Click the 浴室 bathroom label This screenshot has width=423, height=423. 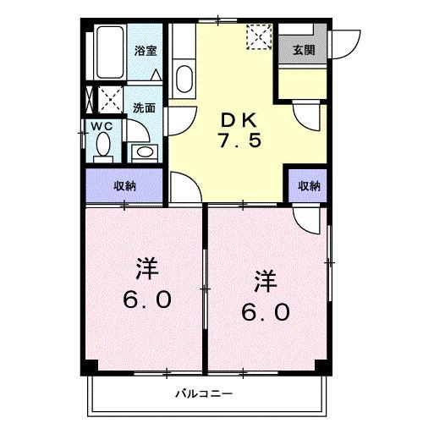tap(146, 51)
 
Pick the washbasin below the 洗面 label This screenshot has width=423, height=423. tap(144, 153)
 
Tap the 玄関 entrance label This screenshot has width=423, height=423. tap(305, 49)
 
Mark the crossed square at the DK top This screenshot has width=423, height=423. tap(256, 36)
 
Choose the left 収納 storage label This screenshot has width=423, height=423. tap(125, 185)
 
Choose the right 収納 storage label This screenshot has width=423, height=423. tap(309, 185)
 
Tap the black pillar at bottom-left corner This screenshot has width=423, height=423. tap(89, 366)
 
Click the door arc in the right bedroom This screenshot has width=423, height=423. tap(309, 221)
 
